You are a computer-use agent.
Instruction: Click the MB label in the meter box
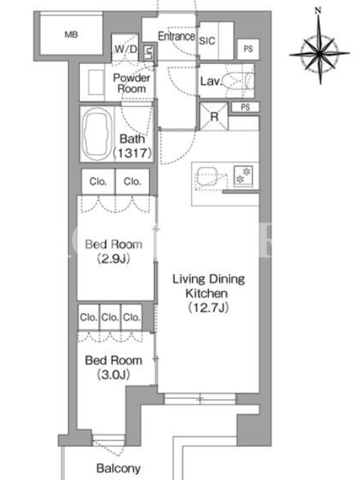point(71,35)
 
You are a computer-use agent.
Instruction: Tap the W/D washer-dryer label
point(126,49)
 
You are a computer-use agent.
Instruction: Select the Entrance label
point(176,36)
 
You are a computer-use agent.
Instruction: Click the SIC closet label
point(207,41)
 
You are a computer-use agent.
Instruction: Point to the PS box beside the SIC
point(248,49)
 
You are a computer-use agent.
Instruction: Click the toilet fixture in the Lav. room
point(239,81)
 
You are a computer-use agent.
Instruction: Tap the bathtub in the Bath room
point(96,134)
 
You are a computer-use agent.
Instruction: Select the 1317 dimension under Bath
point(133,153)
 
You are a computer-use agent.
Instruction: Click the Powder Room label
point(131,83)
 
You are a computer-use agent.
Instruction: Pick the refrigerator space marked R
point(214,116)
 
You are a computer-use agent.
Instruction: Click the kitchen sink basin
point(207,176)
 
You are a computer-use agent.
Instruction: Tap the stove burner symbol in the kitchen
point(244,175)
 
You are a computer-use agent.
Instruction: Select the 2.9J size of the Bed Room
point(113,259)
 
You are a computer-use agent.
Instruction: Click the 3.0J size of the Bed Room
point(113,374)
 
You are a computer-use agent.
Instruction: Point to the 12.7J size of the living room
point(208,307)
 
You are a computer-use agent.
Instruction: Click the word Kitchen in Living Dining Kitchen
point(206,293)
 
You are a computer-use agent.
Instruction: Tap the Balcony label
point(118,469)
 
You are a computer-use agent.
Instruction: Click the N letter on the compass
point(318,11)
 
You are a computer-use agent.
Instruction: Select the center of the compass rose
point(320,54)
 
